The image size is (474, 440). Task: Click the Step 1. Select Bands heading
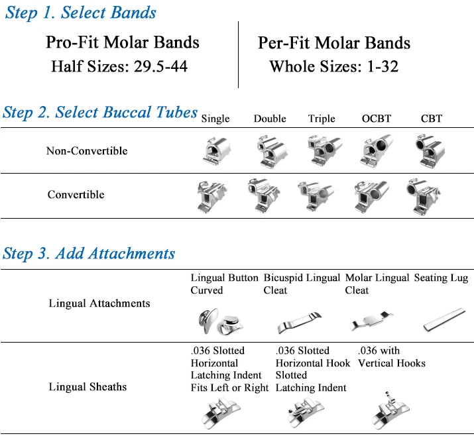80,13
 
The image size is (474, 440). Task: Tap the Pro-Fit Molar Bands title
122,42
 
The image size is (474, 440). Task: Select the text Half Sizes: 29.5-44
119,66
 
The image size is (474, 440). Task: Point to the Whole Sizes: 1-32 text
333,66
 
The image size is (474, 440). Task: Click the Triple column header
322,119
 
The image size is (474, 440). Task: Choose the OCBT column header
377,119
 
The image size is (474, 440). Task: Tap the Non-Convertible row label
87,151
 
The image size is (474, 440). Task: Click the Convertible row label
76,195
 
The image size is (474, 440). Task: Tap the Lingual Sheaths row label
88,387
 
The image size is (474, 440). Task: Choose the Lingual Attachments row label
99,303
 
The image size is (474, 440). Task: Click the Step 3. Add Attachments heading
89,254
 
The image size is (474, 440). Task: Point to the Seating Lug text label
441,278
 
